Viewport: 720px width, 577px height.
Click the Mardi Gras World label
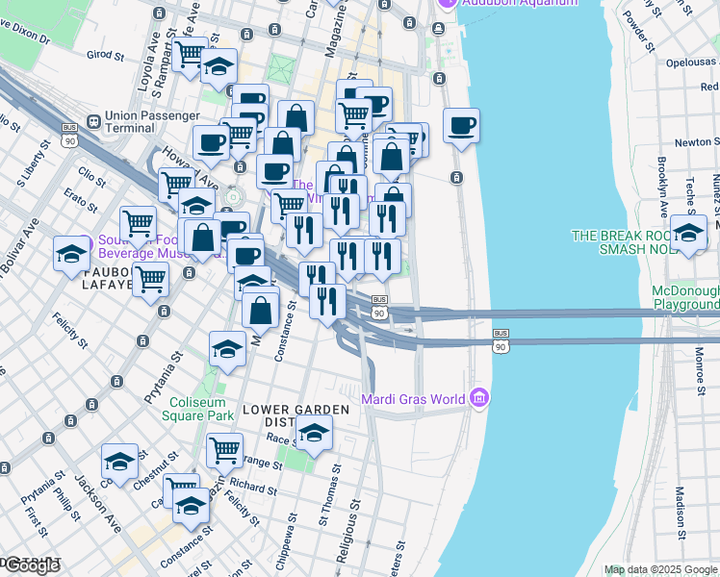point(413,398)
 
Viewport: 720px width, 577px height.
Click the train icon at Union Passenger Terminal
point(94,122)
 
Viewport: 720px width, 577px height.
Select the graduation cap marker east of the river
point(688,233)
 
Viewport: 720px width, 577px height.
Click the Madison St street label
point(680,514)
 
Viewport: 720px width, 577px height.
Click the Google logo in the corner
point(31,565)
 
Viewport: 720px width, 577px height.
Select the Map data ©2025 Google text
point(660,569)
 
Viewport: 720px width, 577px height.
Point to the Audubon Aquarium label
point(520,3)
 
